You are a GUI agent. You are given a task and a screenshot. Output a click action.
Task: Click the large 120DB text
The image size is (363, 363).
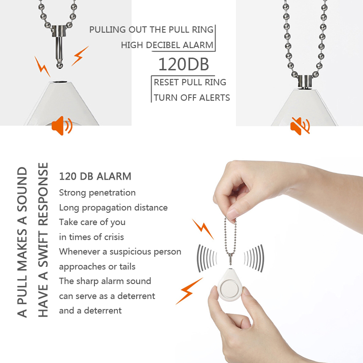point(183,64)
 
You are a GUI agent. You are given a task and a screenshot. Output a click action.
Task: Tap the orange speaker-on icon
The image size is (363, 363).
point(62,126)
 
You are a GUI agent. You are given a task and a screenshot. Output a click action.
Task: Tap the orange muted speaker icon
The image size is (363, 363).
point(300,126)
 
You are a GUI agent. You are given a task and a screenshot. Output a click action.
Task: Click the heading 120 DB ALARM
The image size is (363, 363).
point(95,176)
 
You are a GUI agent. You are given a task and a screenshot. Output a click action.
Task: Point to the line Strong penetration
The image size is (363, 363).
point(97,192)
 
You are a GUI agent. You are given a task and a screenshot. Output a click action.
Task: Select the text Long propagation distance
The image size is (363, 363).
point(113,207)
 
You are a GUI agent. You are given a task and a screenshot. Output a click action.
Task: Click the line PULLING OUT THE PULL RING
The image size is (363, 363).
point(151,30)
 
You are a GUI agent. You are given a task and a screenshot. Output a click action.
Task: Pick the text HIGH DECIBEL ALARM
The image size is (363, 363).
point(167,45)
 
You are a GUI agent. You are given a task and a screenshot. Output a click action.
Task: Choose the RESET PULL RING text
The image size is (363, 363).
point(190,82)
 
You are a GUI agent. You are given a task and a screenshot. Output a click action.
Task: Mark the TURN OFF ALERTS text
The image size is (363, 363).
point(191,97)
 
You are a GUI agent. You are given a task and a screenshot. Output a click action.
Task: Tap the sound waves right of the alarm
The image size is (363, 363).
point(254,258)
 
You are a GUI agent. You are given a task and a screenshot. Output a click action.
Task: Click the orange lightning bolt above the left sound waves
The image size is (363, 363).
point(202,229)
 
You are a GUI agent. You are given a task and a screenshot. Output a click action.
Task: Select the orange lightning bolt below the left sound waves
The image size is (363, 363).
point(189,290)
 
